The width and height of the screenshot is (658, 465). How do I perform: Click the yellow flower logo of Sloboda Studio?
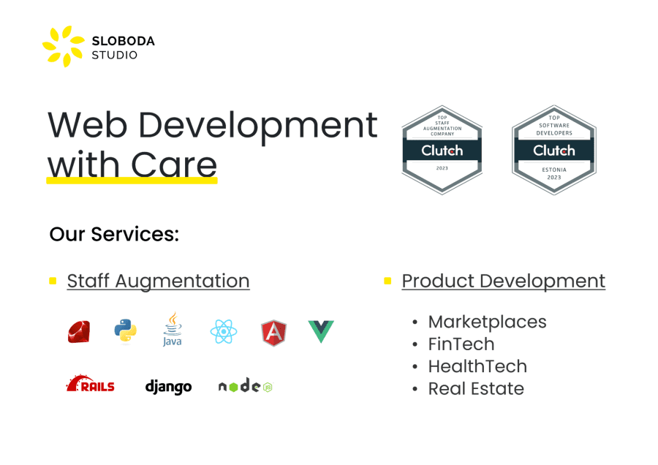64,46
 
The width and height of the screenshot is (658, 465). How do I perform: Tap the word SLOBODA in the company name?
123,41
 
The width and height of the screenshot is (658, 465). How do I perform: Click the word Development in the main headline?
257,125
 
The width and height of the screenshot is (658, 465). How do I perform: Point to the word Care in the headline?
174,165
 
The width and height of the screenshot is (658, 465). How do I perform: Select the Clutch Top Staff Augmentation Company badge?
442,150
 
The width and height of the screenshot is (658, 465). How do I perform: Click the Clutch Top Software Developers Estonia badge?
554,150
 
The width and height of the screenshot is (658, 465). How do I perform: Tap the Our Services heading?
114,234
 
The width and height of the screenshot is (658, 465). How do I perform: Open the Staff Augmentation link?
158,281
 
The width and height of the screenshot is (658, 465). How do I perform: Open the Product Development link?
504,281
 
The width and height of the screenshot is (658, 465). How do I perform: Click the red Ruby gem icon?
79,331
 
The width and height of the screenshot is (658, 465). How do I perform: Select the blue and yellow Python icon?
126,331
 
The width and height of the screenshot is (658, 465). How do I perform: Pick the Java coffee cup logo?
173,329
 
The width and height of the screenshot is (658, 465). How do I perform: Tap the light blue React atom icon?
224,331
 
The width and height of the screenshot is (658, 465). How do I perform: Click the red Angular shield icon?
273,333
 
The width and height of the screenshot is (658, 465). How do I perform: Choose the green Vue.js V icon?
321,331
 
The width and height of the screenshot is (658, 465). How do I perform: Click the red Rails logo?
91,384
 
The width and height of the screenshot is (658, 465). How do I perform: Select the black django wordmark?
168,387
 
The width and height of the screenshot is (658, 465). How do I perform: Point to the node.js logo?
246,386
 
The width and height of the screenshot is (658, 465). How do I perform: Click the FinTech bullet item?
461,344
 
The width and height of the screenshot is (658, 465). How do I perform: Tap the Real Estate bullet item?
476,389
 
